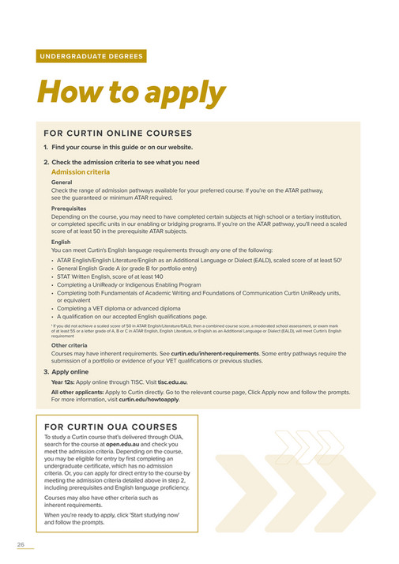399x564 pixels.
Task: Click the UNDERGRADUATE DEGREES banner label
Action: coord(91,57)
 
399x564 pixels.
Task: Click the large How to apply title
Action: coord(131,93)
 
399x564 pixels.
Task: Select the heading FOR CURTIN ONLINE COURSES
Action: coord(118,133)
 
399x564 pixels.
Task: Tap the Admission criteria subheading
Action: coord(81,171)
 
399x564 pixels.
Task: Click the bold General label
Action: coord(62,182)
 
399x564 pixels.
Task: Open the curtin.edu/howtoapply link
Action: coord(149,399)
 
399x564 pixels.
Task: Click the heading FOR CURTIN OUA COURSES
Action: coord(111,427)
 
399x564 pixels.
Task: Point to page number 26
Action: coord(21,544)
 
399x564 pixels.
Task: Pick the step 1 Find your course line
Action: coord(118,147)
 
